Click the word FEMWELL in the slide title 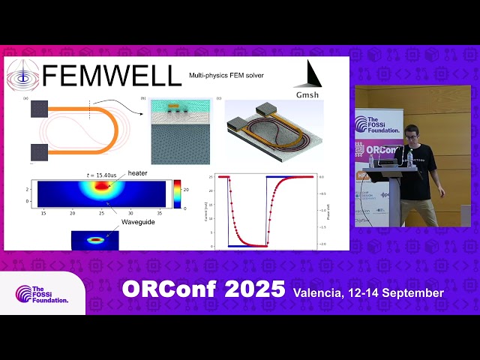pos(111,76)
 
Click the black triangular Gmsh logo pos(313,74)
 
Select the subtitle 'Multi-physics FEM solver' pos(226,76)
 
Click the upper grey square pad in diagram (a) pos(40,109)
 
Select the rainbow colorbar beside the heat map pos(177,193)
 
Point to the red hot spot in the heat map pos(100,187)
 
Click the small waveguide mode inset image pos(95,240)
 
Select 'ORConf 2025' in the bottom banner pos(203,289)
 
